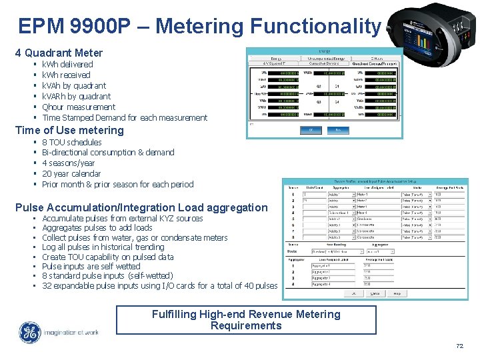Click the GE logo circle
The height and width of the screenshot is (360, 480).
(x=29, y=333)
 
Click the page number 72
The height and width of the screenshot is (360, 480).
(x=459, y=346)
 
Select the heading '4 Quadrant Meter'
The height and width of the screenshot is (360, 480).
(x=59, y=53)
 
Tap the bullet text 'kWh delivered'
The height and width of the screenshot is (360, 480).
(x=67, y=65)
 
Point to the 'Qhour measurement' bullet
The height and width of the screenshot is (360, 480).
(x=79, y=107)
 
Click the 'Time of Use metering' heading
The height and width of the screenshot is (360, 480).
(x=69, y=130)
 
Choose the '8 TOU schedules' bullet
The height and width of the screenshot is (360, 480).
(x=71, y=142)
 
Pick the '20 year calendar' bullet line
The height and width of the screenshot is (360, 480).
(x=71, y=174)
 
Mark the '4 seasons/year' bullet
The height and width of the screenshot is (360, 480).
(x=68, y=163)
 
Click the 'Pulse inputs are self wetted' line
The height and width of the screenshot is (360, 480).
(x=91, y=267)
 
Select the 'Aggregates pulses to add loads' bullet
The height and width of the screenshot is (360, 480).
(x=97, y=228)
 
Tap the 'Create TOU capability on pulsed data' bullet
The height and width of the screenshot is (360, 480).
(x=107, y=257)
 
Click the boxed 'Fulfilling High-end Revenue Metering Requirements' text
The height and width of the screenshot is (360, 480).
(x=246, y=320)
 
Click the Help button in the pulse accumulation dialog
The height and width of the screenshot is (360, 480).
(x=397, y=293)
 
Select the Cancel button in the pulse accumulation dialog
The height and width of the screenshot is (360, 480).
(x=375, y=293)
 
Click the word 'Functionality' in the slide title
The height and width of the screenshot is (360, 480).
(x=313, y=26)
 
